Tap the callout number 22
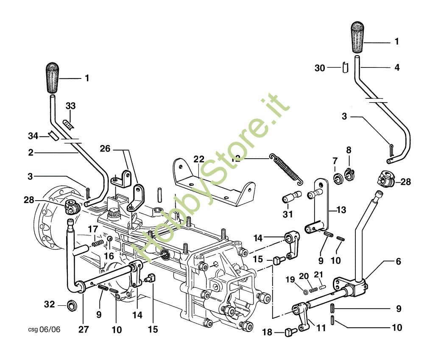199,159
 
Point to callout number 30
320,67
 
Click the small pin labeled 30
345,67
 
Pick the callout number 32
50,304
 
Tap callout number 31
288,215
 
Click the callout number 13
341,209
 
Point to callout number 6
398,262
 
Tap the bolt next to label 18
290,332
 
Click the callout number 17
93,229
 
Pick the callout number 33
70,106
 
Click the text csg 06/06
44,329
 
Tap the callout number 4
397,67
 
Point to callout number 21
318,274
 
